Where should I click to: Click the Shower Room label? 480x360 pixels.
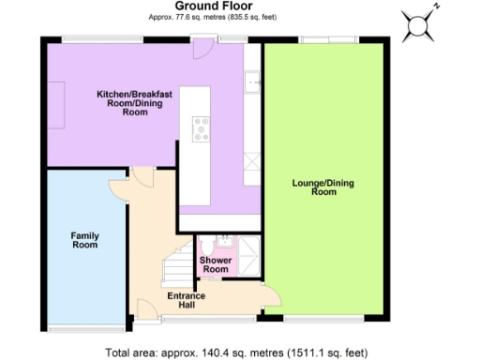coord(215,264)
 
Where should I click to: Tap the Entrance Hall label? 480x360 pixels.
coord(186,302)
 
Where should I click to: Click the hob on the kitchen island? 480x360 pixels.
coord(201,129)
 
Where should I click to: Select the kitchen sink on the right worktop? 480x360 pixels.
coord(252,83)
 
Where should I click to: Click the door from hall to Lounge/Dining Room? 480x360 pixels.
coord(269,298)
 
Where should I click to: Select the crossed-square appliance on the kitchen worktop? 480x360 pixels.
coord(252,159)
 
